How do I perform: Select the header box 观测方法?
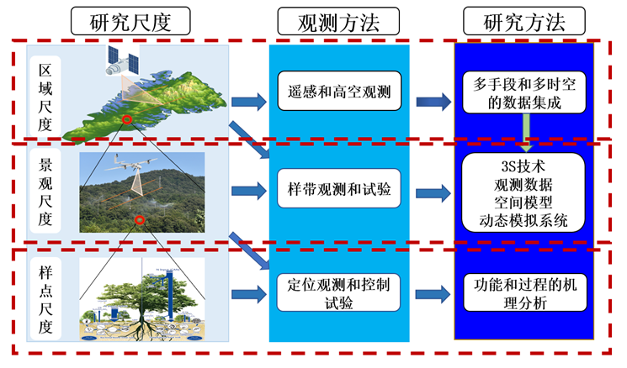[x=338, y=21]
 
